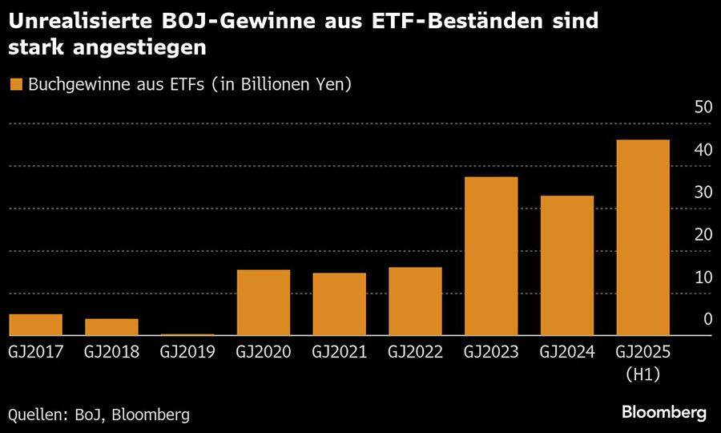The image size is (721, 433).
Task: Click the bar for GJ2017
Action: (35, 325)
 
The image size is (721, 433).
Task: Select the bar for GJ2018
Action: (111, 327)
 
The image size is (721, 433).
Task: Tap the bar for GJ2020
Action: (264, 302)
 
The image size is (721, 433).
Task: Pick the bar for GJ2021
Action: (339, 304)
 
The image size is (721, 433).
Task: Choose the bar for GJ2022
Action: (415, 301)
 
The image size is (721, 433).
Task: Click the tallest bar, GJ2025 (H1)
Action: (642, 237)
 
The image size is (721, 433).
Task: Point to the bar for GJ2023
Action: (491, 256)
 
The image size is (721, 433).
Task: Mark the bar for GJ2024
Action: (566, 265)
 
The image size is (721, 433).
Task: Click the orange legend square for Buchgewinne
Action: (14, 84)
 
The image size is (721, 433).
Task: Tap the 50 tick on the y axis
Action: (701, 107)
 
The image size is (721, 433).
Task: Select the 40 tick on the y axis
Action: (701, 150)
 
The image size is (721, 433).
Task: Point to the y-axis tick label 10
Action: (701, 277)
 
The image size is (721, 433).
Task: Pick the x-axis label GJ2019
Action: (187, 352)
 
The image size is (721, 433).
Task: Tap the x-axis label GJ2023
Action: (491, 352)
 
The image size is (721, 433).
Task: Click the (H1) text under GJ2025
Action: (642, 374)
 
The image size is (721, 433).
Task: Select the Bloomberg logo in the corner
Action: (664, 412)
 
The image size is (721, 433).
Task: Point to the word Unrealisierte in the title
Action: (75, 21)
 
